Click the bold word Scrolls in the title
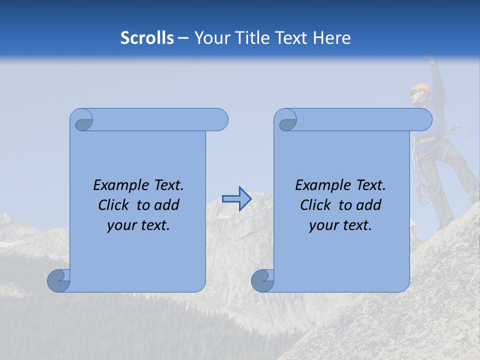(x=147, y=38)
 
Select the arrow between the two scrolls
(x=236, y=198)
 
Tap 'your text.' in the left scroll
(x=138, y=225)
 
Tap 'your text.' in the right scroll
(x=340, y=225)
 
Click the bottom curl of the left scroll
(x=59, y=280)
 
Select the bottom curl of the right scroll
(x=262, y=280)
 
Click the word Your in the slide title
(x=210, y=38)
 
